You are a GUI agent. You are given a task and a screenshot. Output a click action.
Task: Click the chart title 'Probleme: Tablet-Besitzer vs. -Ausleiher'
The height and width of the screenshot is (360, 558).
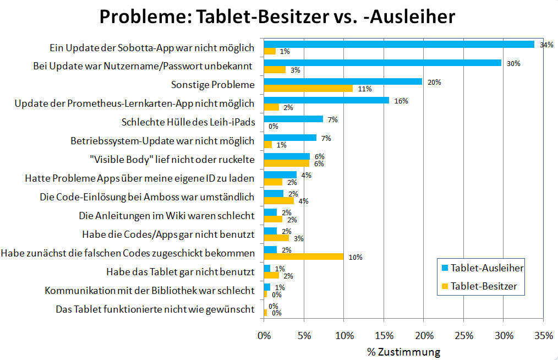point(277,17)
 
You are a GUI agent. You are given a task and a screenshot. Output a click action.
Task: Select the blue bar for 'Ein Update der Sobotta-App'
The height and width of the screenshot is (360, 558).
point(399,45)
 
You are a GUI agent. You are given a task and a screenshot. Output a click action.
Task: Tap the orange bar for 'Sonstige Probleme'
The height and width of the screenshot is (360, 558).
point(308,88)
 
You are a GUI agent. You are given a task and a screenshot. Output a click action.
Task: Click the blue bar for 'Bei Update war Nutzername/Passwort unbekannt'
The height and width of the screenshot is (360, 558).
point(382,63)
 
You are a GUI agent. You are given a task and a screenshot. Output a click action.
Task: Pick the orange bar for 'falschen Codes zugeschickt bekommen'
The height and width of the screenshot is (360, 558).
point(304,257)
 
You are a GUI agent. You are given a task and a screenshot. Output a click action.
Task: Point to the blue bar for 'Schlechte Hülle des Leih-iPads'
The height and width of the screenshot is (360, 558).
point(293,119)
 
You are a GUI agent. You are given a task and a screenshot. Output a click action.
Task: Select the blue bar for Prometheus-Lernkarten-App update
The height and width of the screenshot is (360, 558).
point(326,100)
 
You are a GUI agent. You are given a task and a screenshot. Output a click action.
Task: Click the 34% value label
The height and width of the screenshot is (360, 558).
point(546,45)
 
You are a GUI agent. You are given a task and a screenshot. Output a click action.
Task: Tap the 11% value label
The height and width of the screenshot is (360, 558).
point(365,89)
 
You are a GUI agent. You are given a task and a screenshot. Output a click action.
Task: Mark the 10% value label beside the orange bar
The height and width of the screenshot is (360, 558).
point(355,257)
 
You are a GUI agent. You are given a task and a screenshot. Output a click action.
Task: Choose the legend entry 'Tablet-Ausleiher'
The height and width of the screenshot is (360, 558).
point(486,268)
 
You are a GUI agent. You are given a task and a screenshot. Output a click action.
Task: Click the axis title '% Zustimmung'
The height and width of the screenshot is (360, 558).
point(403,351)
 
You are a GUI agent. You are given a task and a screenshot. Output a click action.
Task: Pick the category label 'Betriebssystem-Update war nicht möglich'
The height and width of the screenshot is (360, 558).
point(163,141)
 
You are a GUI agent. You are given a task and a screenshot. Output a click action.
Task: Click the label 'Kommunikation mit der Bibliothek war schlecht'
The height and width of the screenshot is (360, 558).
point(149,291)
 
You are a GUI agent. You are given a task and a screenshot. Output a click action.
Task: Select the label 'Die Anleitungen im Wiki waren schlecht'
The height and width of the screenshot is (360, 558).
point(167,216)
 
